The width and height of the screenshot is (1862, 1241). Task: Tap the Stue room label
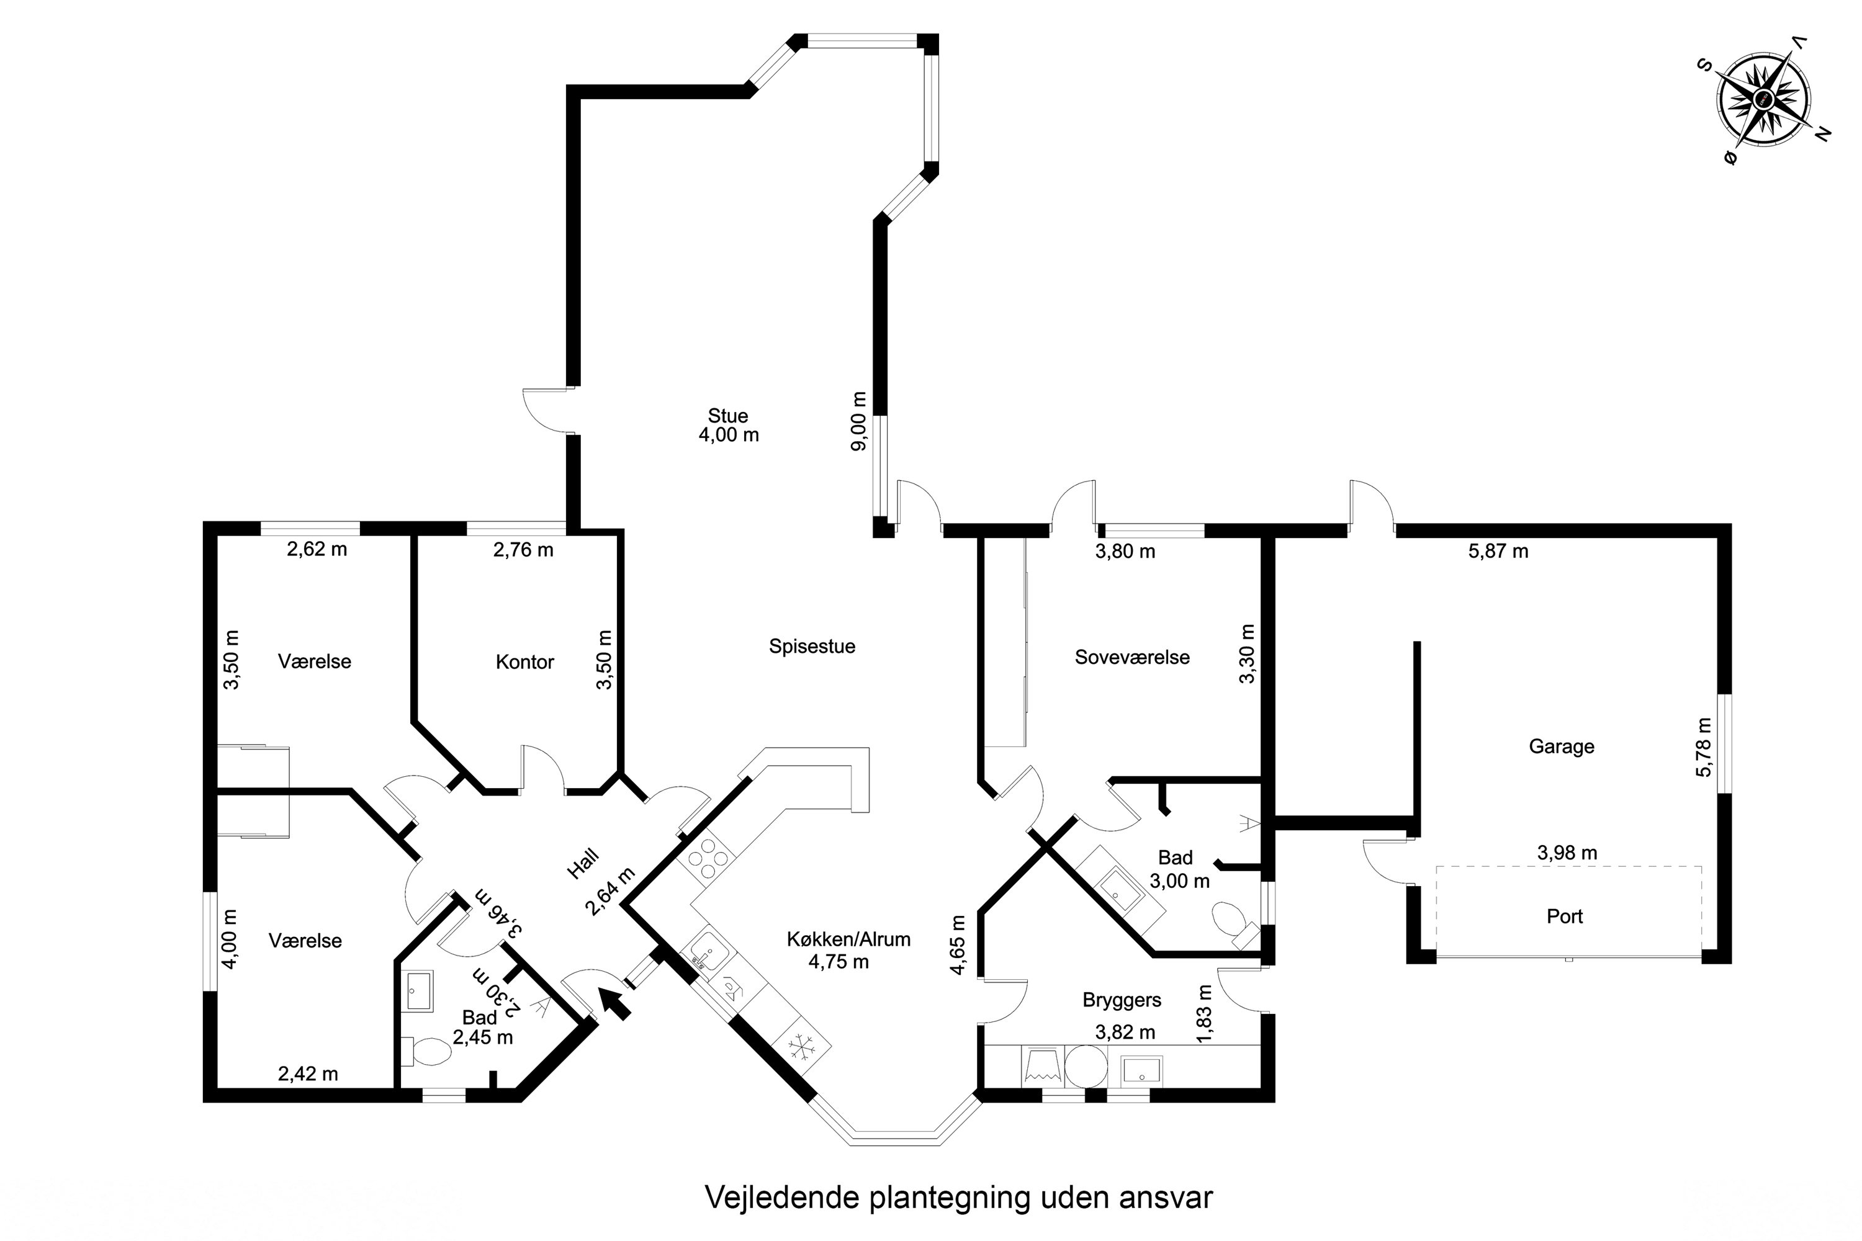[x=727, y=416]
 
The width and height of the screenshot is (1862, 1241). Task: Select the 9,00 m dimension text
[x=858, y=421]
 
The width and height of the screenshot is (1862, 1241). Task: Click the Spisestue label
[x=812, y=647]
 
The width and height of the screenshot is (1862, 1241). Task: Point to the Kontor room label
[x=525, y=661]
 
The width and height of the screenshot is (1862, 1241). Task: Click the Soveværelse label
[x=1132, y=657]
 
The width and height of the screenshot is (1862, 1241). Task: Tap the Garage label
[x=1561, y=746]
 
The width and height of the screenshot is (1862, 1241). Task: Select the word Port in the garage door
[x=1564, y=916]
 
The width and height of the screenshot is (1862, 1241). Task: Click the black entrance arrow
[x=614, y=1003]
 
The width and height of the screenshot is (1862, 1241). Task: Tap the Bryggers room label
[x=1122, y=1000]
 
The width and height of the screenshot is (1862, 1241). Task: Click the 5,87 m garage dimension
[x=1498, y=551]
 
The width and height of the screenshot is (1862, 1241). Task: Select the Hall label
[x=583, y=864]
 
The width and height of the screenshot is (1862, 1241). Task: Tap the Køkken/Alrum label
[x=848, y=939]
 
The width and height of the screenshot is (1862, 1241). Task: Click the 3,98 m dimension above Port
[x=1567, y=853]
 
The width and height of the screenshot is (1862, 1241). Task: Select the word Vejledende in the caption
[x=782, y=1198]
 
